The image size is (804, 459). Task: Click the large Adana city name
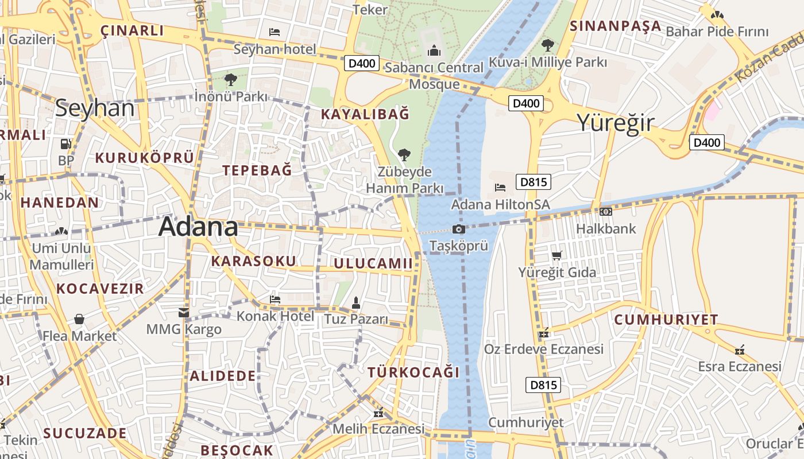coord(198,227)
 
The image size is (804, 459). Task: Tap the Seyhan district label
coord(95,108)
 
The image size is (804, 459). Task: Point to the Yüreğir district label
coord(615,123)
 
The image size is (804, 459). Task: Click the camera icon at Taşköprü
coord(458,229)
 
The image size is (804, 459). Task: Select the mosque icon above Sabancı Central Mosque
coord(434,52)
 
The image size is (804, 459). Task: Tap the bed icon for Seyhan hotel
coord(275,32)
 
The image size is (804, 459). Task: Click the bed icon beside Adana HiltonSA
coord(500,187)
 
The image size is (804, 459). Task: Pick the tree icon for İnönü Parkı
coord(230,80)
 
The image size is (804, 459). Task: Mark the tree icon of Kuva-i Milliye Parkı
coord(548,45)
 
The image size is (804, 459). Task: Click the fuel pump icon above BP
coord(65,144)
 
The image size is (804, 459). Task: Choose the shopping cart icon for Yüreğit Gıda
coord(556,255)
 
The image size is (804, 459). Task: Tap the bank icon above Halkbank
coord(605,212)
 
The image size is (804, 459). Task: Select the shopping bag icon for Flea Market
coord(79,319)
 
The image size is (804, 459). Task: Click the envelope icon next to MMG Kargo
coord(184,313)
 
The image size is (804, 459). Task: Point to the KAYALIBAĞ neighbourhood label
coord(365,114)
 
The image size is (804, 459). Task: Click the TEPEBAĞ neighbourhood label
coord(257,170)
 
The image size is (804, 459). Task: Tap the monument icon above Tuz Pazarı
coord(356,302)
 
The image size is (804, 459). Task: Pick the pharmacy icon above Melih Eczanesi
coord(378,413)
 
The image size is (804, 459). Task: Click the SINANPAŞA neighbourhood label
coord(616,26)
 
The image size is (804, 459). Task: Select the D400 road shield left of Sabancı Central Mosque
coord(362,63)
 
